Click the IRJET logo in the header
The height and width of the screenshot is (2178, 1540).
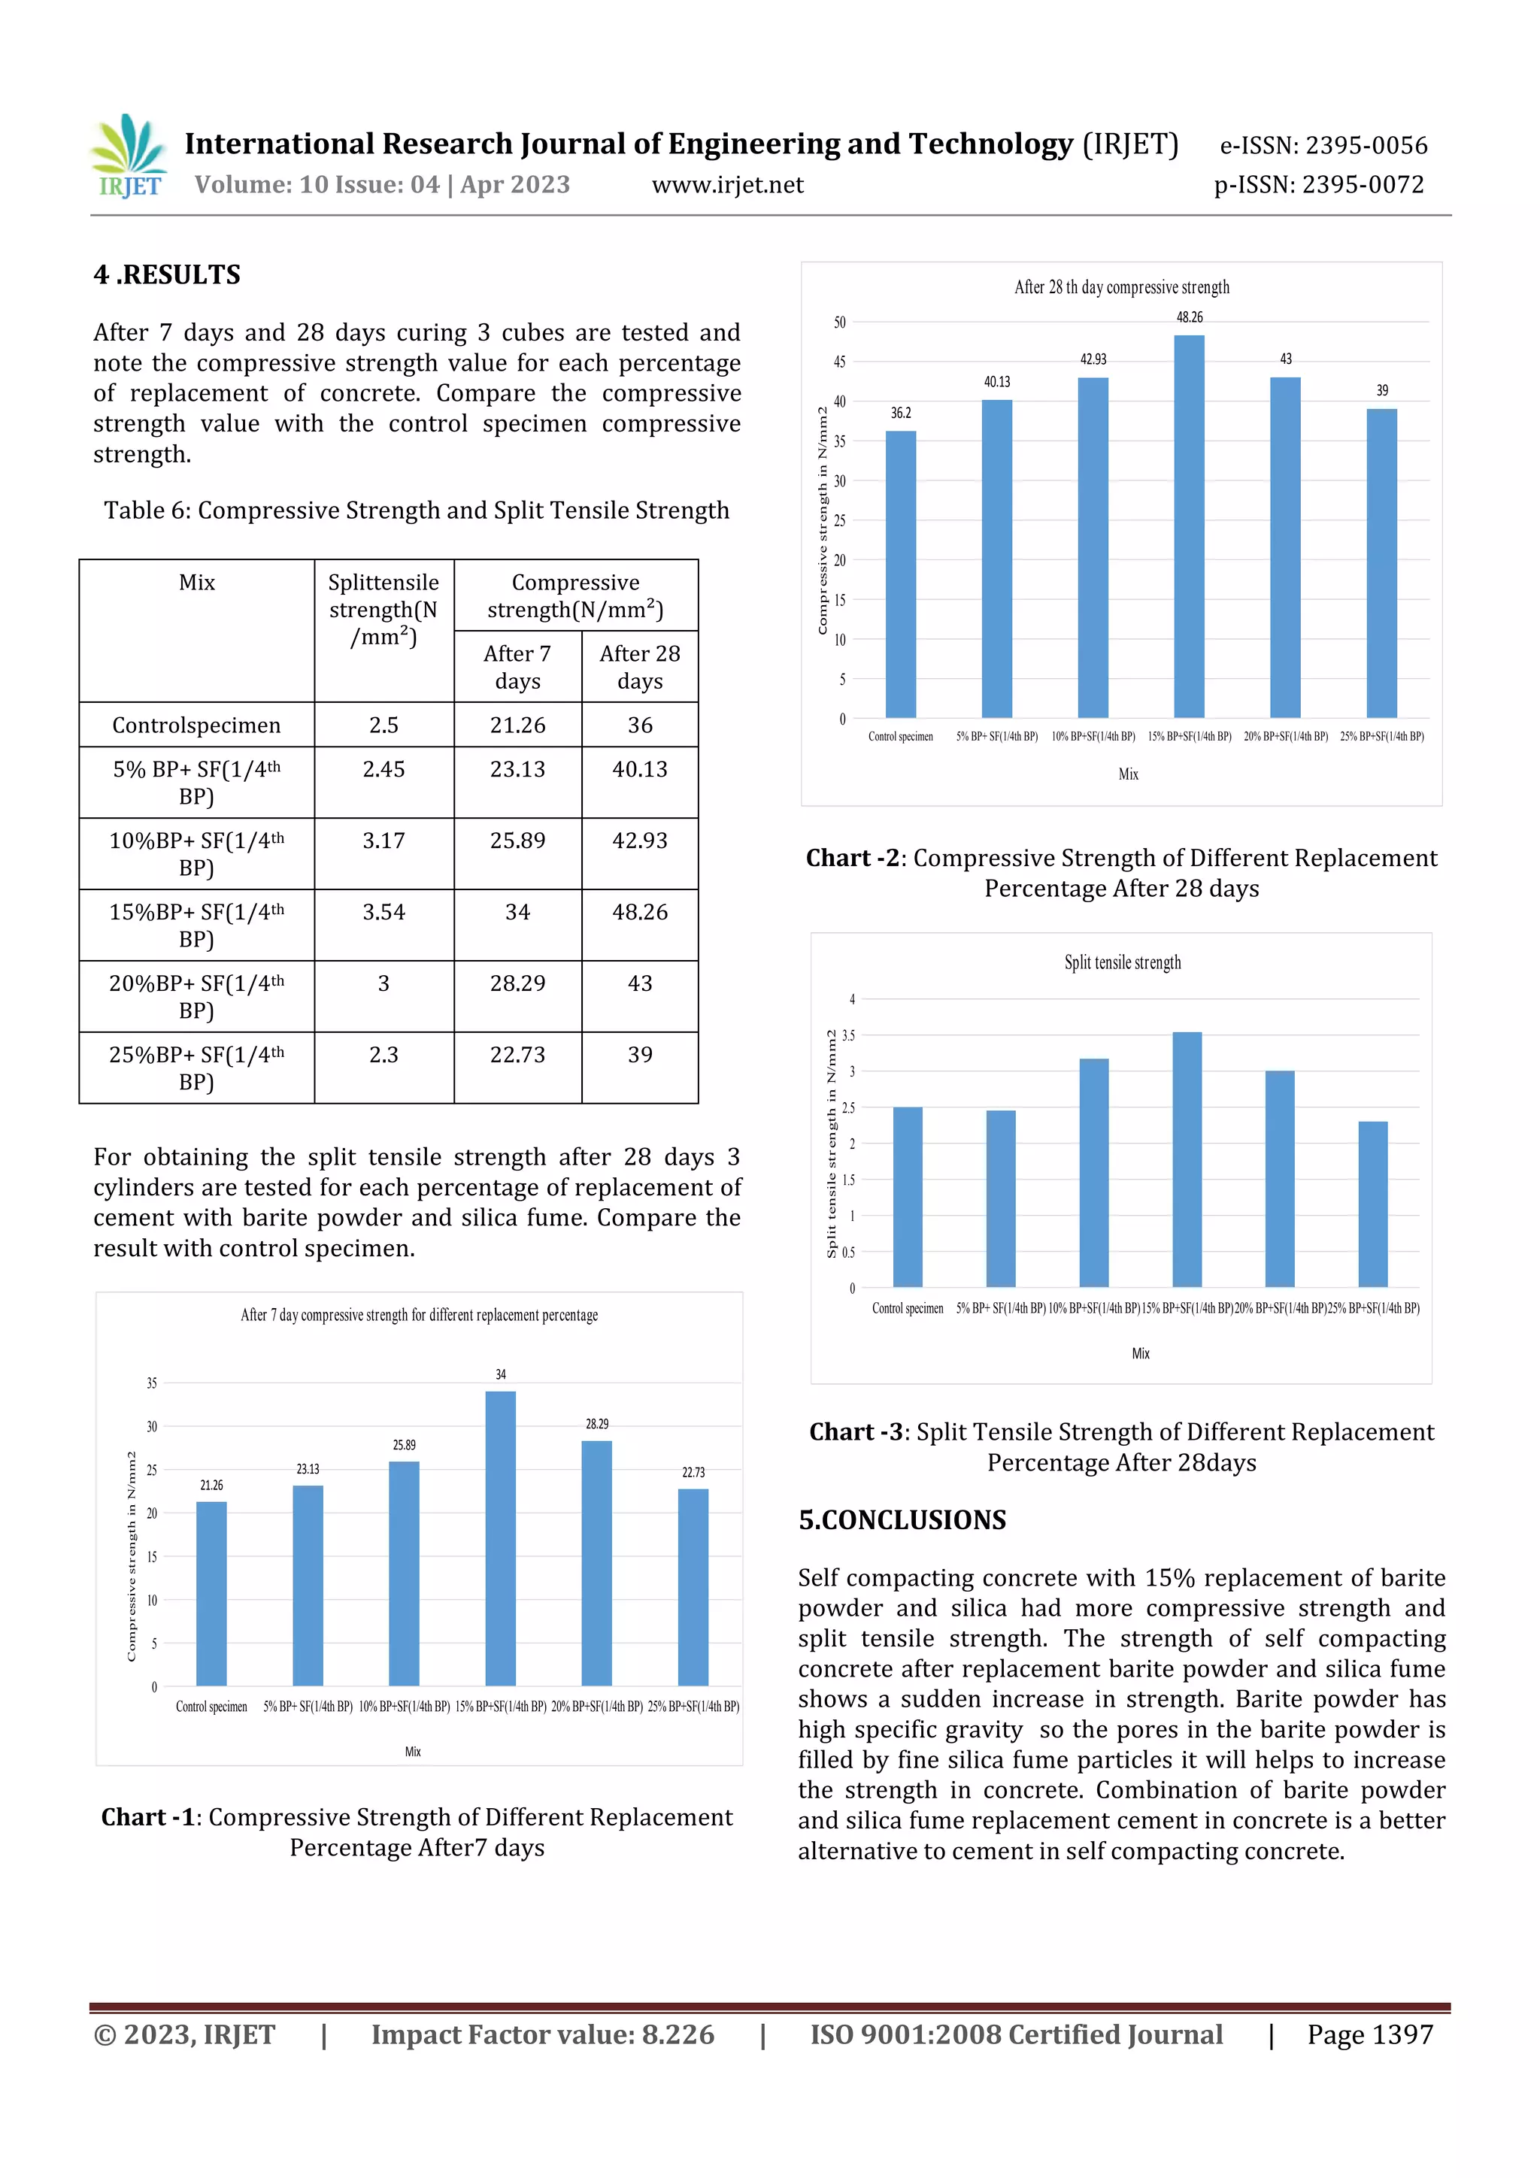pyautogui.click(x=130, y=157)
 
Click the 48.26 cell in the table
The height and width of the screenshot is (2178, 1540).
pyautogui.click(x=639, y=912)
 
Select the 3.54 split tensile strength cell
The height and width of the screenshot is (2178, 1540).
pyautogui.click(x=383, y=912)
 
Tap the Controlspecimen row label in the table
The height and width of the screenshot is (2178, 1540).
pyautogui.click(x=196, y=725)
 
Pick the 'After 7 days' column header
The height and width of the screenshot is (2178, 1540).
pyautogui.click(x=517, y=667)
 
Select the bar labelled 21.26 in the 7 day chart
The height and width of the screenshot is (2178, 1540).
pyautogui.click(x=211, y=1594)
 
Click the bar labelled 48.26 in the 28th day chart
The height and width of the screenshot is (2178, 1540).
pyautogui.click(x=1189, y=526)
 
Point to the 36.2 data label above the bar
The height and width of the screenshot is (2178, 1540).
pyautogui.click(x=901, y=413)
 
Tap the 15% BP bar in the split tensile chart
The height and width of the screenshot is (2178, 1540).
pyautogui.click(x=1187, y=1159)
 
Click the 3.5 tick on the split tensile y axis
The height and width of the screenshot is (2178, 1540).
pyautogui.click(x=848, y=1036)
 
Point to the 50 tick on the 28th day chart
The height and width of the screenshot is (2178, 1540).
pyautogui.click(x=840, y=323)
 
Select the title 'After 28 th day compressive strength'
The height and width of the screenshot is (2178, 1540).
pyautogui.click(x=1122, y=286)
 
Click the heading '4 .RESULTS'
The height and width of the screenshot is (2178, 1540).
pyautogui.click(x=167, y=275)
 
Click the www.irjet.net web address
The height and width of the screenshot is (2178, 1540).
pyautogui.click(x=727, y=185)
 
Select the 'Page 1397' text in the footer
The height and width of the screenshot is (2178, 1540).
pyautogui.click(x=1369, y=2034)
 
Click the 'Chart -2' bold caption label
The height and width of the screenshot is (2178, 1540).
pyautogui.click(x=852, y=858)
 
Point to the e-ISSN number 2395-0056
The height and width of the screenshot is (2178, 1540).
pyautogui.click(x=1366, y=145)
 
